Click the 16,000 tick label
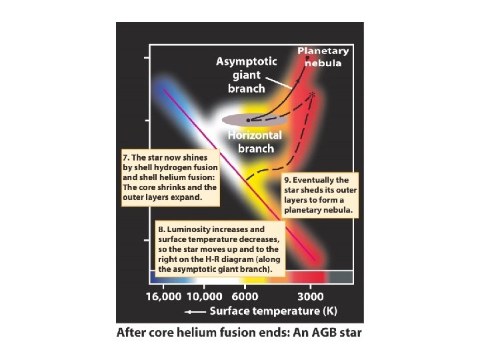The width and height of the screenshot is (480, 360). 163,297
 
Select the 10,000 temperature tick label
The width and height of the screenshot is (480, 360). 204,297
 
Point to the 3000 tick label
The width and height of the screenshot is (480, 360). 311,297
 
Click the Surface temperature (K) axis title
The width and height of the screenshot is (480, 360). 274,311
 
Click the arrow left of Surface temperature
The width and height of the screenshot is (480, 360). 195,311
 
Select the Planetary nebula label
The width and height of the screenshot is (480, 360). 322,57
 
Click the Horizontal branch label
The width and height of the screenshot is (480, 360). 255,141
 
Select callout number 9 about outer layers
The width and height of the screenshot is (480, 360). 321,195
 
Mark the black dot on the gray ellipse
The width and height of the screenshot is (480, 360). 248,120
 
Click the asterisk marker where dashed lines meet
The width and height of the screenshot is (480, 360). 311,96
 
